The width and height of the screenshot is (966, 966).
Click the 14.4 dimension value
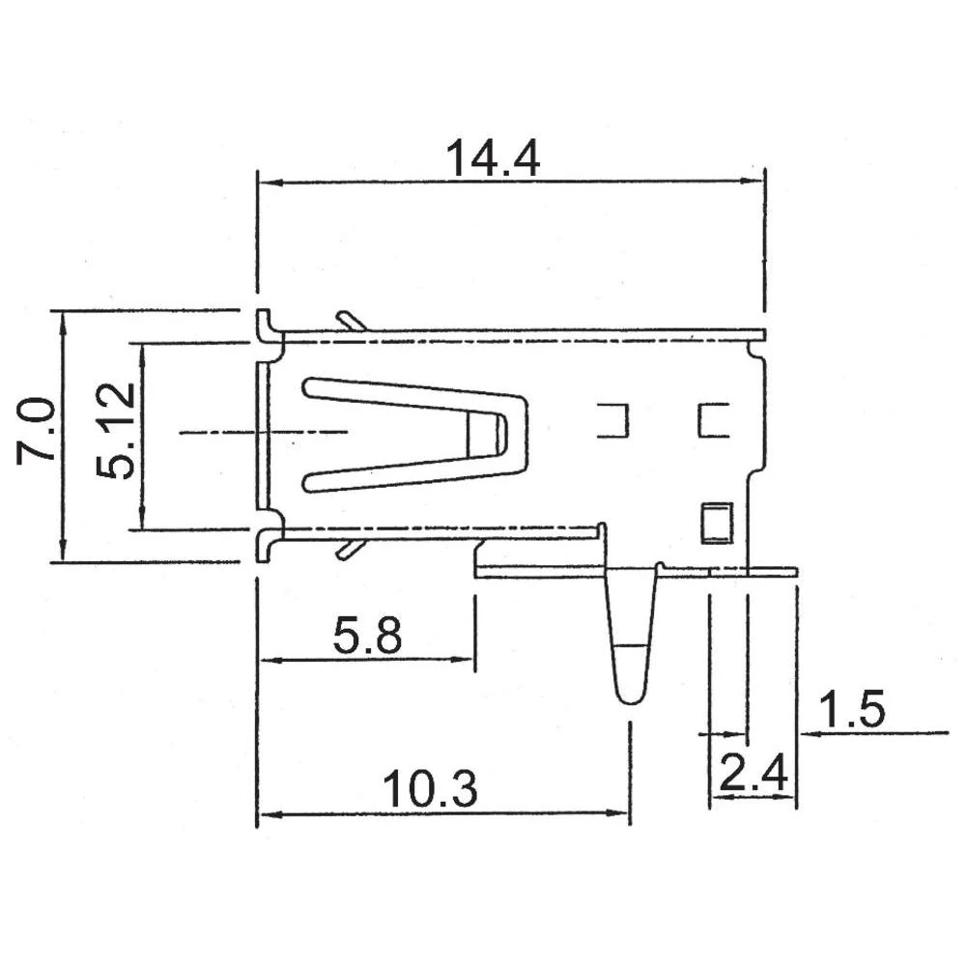pyautogui.click(x=492, y=158)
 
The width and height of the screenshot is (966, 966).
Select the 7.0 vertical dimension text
pyautogui.click(x=36, y=436)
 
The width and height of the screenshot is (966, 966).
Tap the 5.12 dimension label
pyautogui.click(x=117, y=432)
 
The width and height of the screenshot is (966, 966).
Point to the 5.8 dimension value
pyautogui.click(x=367, y=637)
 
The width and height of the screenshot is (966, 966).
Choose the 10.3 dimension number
pyautogui.click(x=431, y=789)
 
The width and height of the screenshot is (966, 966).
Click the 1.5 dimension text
pyautogui.click(x=852, y=711)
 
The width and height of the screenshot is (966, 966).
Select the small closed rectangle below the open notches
pyautogui.click(x=716, y=523)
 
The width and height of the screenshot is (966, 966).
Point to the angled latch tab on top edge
pyautogui.click(x=350, y=320)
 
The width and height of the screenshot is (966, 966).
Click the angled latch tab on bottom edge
pyautogui.click(x=350, y=549)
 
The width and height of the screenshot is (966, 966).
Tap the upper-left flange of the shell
pyautogui.click(x=264, y=325)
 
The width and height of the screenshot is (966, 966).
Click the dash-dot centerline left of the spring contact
pyautogui.click(x=261, y=433)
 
